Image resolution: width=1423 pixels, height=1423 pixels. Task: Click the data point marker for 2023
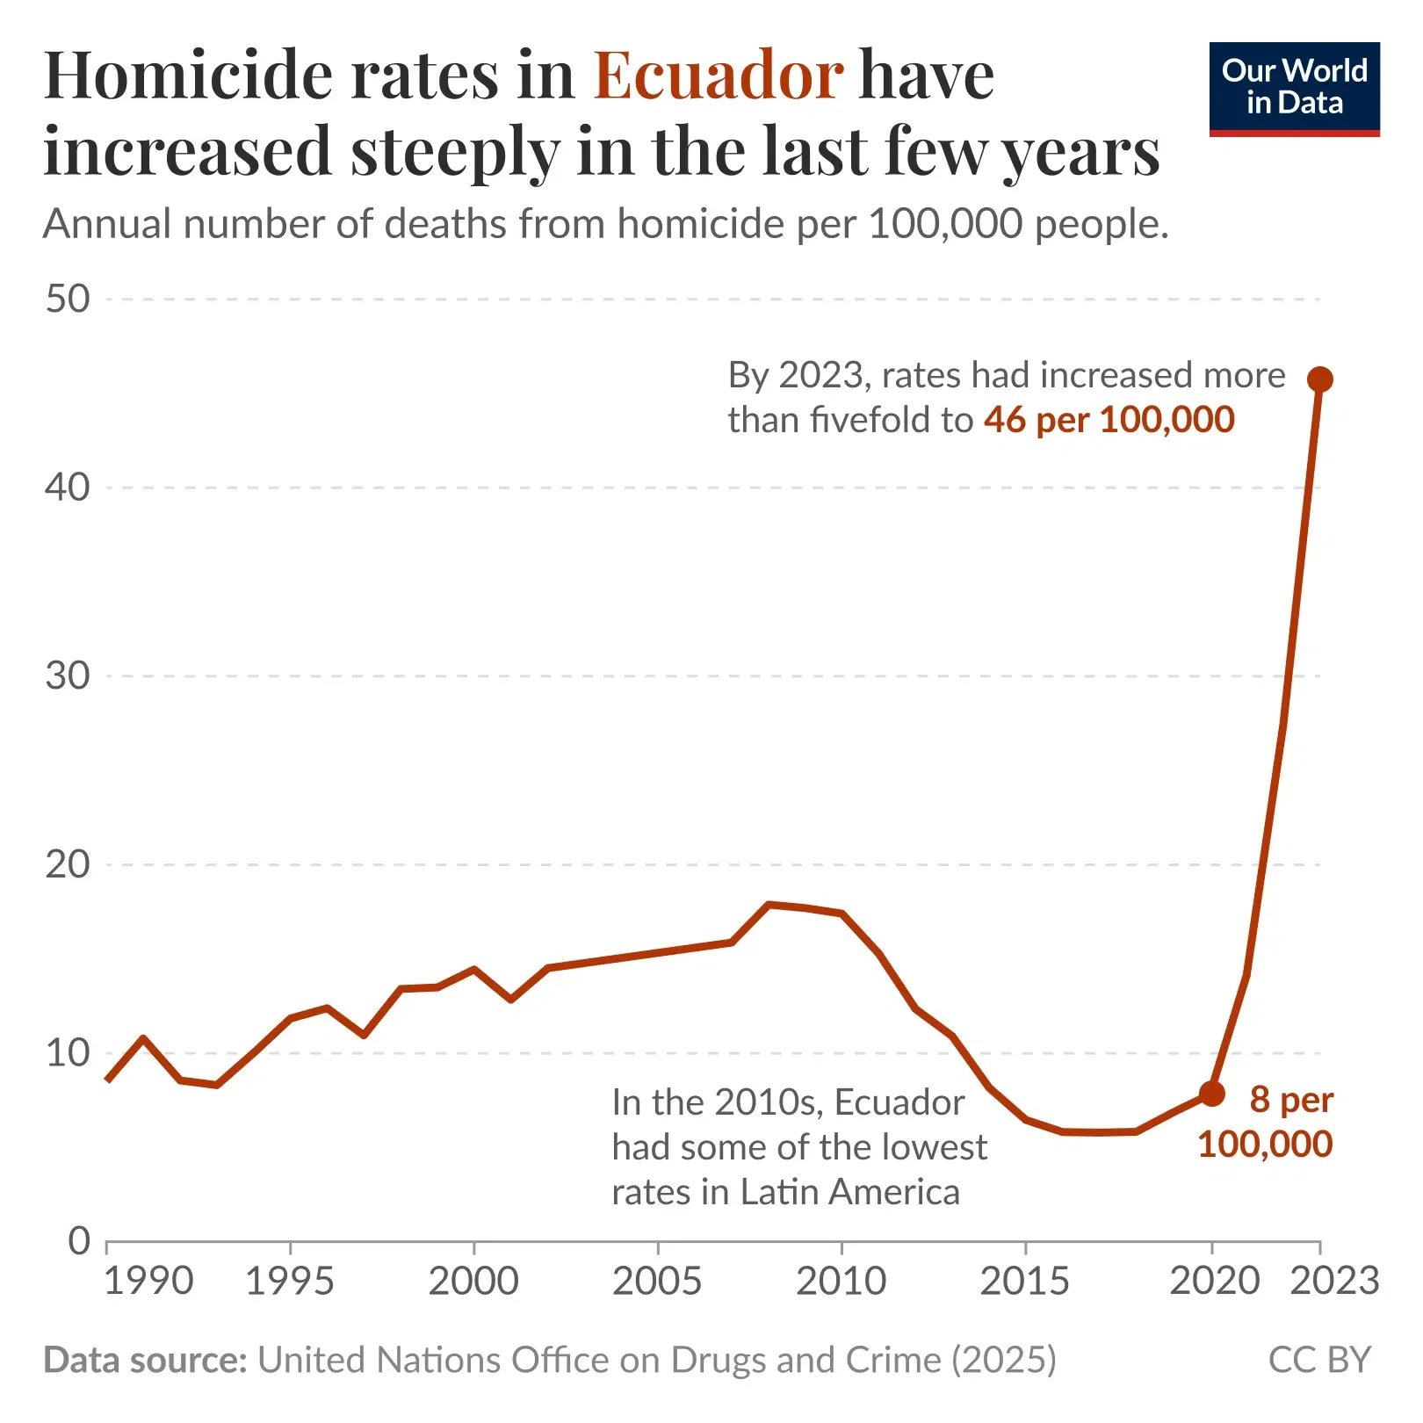(1319, 379)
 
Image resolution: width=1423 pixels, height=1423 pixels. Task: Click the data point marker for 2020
(1211, 1094)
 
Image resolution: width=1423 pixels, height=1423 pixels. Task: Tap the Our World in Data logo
(1294, 89)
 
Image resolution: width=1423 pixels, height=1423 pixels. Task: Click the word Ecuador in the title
(718, 76)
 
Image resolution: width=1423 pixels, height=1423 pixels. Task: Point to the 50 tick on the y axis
(68, 300)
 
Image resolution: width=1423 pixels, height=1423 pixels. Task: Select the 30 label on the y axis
(68, 676)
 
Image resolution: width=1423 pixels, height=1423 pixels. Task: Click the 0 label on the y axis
(79, 1241)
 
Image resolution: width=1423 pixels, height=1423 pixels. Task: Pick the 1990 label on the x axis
(148, 1282)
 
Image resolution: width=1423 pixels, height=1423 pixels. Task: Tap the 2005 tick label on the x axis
(657, 1282)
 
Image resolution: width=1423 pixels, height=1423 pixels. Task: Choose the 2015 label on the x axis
(1024, 1282)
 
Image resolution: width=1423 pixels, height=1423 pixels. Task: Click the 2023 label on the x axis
(1334, 1282)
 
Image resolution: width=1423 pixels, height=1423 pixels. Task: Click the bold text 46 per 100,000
(1109, 420)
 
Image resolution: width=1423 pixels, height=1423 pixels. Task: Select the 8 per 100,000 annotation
(1266, 1122)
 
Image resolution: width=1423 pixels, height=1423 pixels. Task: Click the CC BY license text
(1318, 1360)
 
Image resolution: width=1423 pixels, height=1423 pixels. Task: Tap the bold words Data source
(146, 1360)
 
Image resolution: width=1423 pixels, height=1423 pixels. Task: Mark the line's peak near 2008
(769, 904)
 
